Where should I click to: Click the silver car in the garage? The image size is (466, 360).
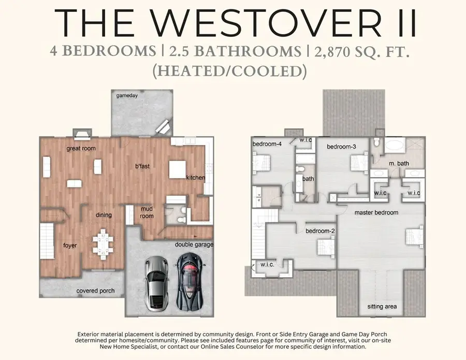coord(156,284)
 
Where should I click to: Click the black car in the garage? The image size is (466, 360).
coord(190,281)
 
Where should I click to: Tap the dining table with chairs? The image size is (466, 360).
coord(103,244)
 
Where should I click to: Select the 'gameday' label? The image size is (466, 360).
coord(127,96)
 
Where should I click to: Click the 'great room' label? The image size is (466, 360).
coord(81,148)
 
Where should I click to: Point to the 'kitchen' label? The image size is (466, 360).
coord(196,178)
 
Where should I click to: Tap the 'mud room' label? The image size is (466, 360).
coord(147,212)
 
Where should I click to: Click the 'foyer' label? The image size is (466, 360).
coord(70,246)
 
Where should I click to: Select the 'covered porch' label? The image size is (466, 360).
coord(95,291)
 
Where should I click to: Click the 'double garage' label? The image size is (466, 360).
coord(194,244)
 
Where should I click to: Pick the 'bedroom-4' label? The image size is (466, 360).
coord(267,144)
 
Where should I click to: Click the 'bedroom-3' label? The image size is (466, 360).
coord(342,147)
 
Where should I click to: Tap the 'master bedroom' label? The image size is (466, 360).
coord(376,212)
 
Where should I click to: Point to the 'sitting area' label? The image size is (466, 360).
coord(382,307)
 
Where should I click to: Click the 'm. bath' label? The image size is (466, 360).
coord(399,164)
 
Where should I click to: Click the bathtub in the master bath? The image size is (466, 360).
coord(395,146)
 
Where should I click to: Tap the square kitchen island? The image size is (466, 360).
coord(178,169)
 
